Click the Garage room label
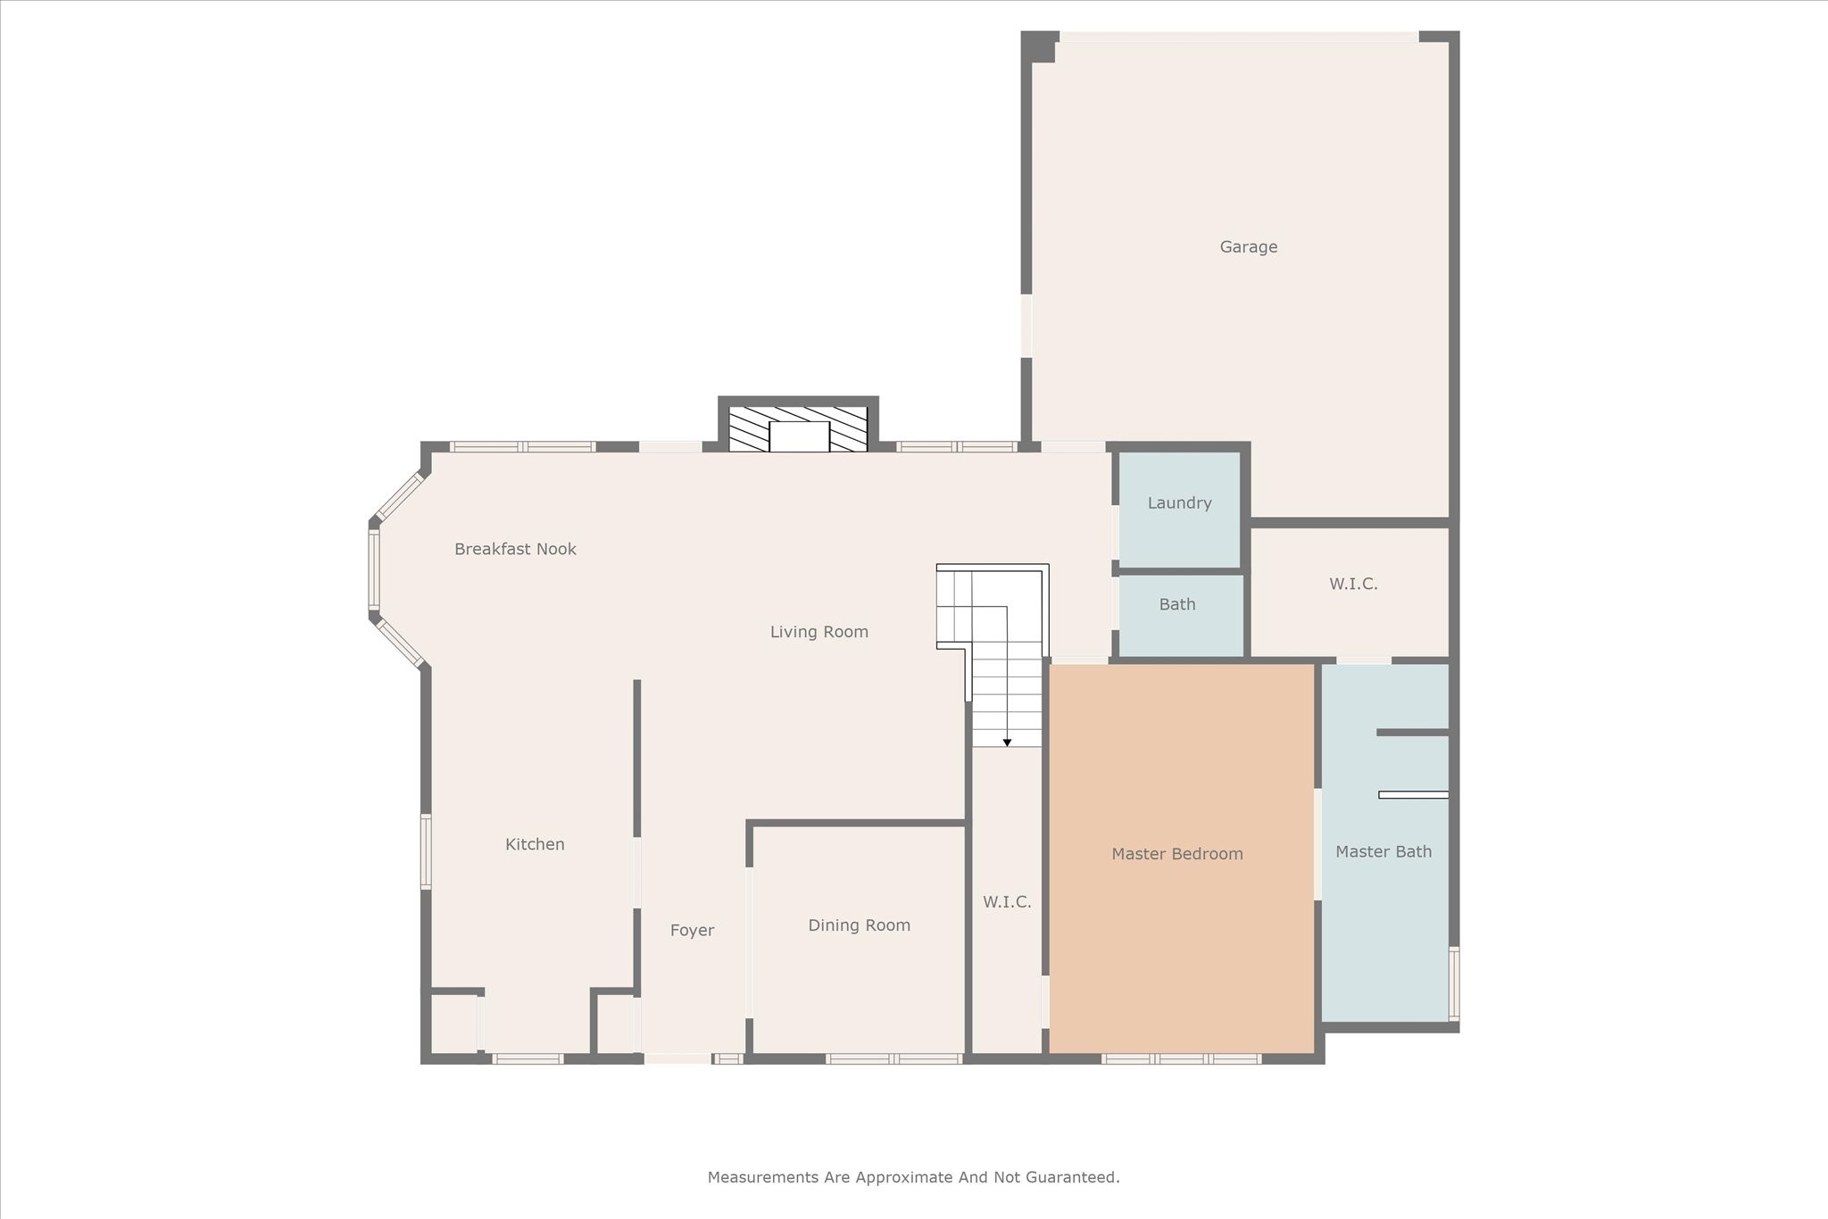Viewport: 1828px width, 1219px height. point(1248,247)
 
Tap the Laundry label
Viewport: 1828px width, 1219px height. point(1179,503)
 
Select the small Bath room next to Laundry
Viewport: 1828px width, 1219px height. point(1176,605)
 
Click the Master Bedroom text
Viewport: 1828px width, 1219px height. point(1176,854)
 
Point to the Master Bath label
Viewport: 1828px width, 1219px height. point(1383,852)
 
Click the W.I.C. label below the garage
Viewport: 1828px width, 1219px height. point(1353,585)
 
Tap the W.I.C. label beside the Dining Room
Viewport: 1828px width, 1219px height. point(1007,902)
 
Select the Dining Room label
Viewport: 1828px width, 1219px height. point(859,925)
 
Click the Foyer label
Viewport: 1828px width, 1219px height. point(692,931)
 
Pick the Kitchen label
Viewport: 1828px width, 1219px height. point(535,844)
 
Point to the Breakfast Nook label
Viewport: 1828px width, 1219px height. point(515,550)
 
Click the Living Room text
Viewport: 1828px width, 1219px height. point(818,633)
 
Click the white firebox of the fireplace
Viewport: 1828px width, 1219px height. point(799,436)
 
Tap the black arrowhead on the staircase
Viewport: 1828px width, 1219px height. point(1007,742)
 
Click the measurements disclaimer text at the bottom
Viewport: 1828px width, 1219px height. point(913,1178)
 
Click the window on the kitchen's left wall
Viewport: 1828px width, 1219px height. point(426,851)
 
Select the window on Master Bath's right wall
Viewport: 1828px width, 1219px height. point(1453,983)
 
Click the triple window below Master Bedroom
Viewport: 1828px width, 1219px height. point(1180,1059)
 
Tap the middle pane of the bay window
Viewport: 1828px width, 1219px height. point(374,570)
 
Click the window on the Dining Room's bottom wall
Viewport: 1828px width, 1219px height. point(893,1059)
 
